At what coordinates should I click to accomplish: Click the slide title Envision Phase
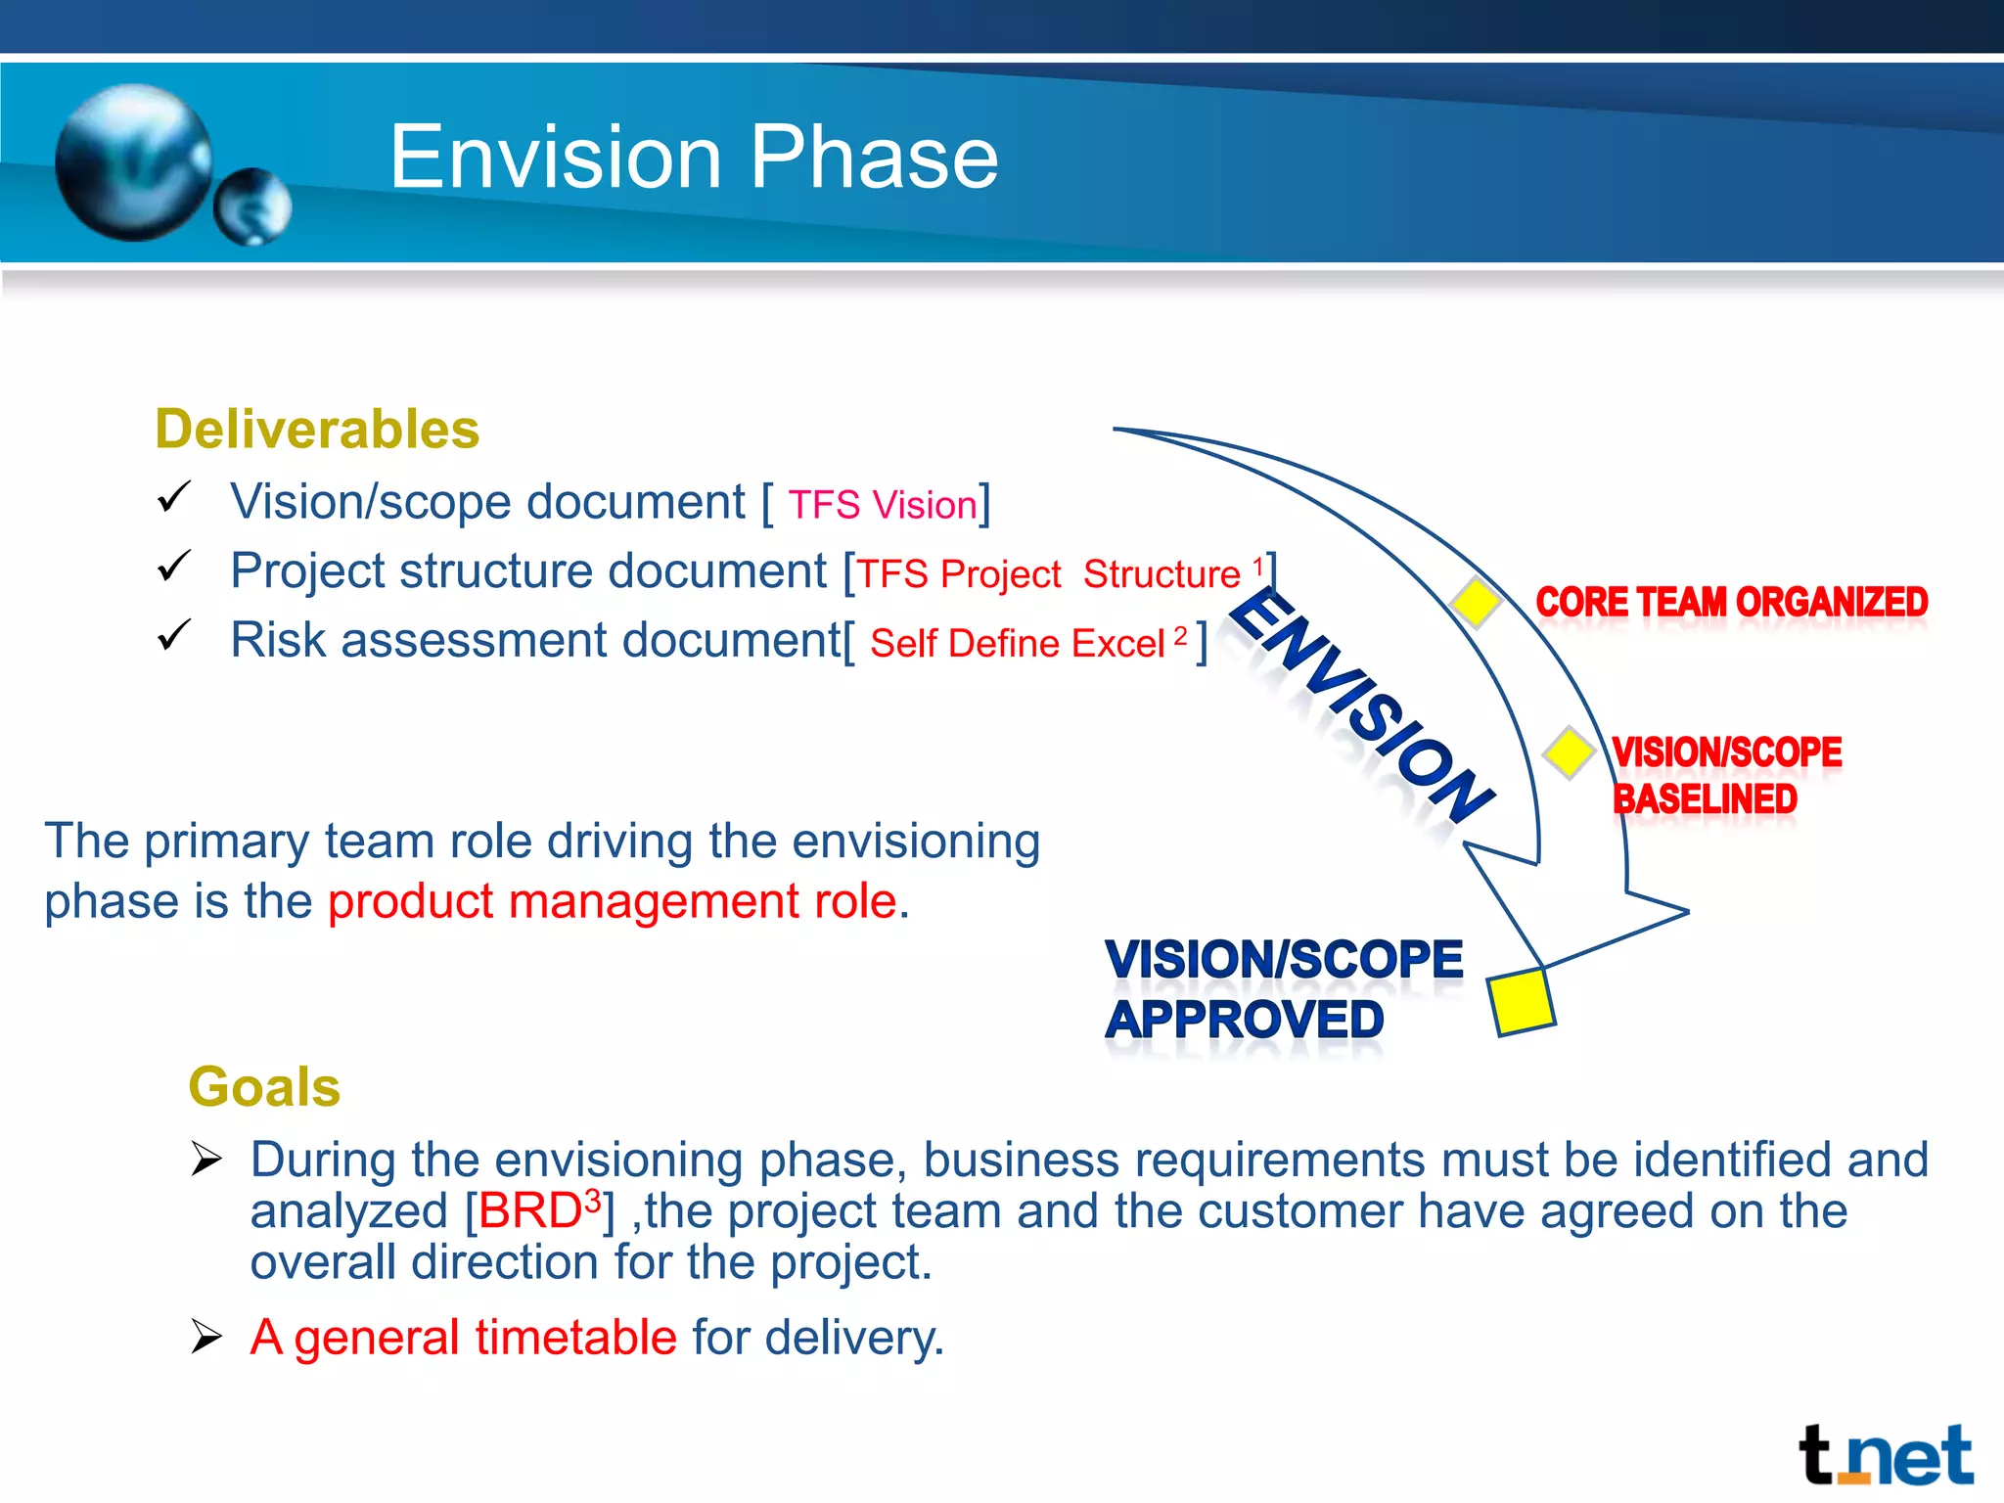pyautogui.click(x=693, y=159)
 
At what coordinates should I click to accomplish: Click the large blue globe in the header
pyautogui.click(x=133, y=162)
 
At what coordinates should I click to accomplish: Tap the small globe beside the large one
pyautogui.click(x=252, y=206)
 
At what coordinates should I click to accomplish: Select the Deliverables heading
pyautogui.click(x=317, y=430)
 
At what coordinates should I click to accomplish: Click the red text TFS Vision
pyautogui.click(x=883, y=505)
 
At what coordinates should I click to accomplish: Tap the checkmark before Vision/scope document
pyautogui.click(x=174, y=497)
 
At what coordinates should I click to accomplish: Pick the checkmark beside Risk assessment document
pyautogui.click(x=174, y=635)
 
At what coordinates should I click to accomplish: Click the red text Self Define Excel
pyautogui.click(x=1017, y=644)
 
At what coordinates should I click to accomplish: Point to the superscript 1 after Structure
pyautogui.click(x=1258, y=566)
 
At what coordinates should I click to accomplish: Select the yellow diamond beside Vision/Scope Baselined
pyautogui.click(x=1569, y=752)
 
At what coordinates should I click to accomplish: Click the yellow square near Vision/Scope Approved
pyautogui.click(x=1521, y=1001)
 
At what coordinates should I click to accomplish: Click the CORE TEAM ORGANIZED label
pyautogui.click(x=1731, y=602)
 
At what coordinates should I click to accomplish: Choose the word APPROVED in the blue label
pyautogui.click(x=1245, y=1020)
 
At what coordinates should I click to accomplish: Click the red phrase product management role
pyautogui.click(x=612, y=901)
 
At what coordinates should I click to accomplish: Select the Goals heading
pyautogui.click(x=264, y=1087)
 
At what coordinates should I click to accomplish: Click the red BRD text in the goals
pyautogui.click(x=530, y=1211)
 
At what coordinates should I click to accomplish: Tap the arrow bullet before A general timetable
pyautogui.click(x=206, y=1336)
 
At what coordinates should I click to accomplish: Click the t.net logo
pyautogui.click(x=1885, y=1456)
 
